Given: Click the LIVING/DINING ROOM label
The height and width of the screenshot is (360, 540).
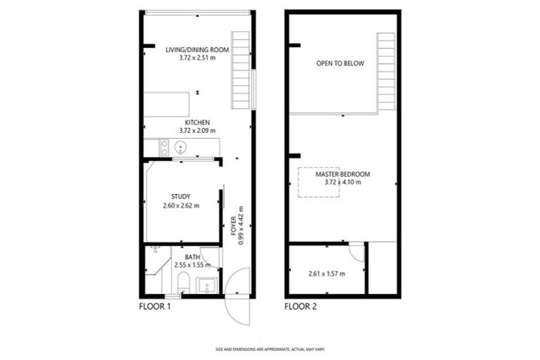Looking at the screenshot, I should (x=198, y=49).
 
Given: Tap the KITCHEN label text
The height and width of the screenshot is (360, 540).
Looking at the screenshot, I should (x=198, y=122).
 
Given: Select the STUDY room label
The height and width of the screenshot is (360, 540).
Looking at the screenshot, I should (x=181, y=197).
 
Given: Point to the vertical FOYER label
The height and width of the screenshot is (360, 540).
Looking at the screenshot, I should (x=233, y=224).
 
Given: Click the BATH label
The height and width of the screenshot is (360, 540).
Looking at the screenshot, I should (x=192, y=257).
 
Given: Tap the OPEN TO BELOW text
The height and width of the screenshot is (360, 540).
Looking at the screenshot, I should (x=340, y=63).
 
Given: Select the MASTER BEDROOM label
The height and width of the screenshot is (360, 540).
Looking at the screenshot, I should (x=342, y=174).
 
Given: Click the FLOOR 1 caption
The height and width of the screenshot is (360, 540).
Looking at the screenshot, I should (x=155, y=307).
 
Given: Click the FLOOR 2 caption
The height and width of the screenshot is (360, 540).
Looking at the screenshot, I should (x=300, y=307).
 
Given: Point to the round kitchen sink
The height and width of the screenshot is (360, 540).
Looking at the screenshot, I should (x=180, y=148).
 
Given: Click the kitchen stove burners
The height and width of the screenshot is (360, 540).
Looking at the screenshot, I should (x=165, y=148).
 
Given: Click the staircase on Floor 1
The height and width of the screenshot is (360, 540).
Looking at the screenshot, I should (x=241, y=70).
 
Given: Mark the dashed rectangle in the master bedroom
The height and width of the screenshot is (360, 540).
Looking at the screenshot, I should (x=319, y=182).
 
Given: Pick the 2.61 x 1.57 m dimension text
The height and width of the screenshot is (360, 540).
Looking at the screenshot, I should (x=326, y=273).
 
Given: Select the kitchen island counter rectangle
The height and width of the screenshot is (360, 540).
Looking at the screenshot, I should (x=167, y=104).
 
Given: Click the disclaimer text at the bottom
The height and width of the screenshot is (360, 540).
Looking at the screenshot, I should (x=270, y=349).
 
